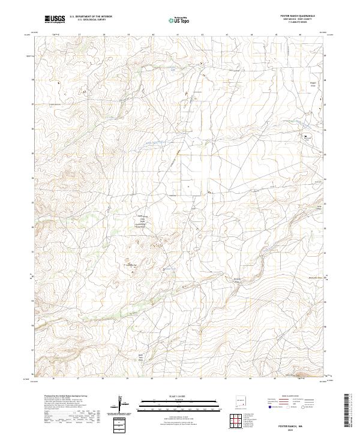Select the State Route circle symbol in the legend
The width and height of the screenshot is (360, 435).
[x=304, y=407]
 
